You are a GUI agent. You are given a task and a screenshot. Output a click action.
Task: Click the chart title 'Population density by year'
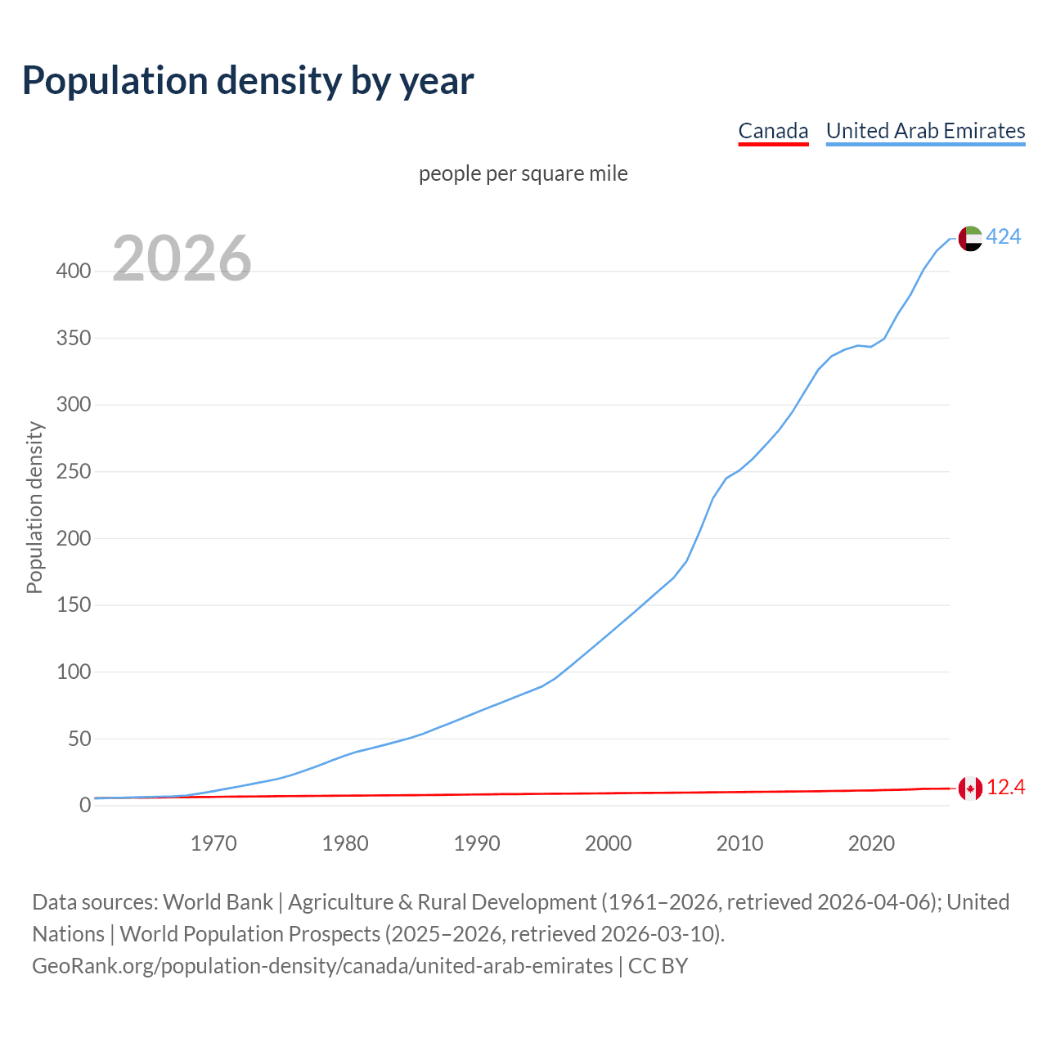[248, 81]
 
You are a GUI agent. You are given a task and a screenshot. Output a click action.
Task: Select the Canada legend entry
[773, 131]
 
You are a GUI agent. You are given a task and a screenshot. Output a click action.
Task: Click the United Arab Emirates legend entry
[925, 131]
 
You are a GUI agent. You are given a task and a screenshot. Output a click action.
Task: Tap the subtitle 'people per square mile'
[523, 174]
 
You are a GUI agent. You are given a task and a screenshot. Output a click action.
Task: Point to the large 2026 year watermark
[182, 259]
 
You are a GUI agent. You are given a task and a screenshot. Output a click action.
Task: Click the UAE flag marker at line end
[970, 238]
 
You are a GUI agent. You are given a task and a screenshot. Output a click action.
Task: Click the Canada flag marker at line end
[970, 789]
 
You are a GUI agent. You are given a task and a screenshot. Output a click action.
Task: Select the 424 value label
[1004, 237]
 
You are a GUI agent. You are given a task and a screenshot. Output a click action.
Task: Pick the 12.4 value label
[1006, 788]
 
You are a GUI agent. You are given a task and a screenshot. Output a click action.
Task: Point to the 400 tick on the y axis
[73, 272]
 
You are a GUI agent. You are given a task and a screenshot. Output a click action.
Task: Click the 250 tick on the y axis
[73, 472]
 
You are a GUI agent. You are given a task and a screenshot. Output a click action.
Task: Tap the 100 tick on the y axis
[73, 672]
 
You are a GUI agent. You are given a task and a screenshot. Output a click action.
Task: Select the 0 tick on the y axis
[85, 806]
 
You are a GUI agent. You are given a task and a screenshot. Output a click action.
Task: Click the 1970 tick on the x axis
[213, 843]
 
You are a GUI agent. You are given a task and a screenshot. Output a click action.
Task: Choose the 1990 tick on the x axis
[477, 843]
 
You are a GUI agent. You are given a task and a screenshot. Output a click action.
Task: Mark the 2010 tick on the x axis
[739, 843]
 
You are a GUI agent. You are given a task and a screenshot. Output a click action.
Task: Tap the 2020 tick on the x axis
[871, 843]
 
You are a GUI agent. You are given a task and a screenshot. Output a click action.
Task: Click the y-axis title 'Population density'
[34, 507]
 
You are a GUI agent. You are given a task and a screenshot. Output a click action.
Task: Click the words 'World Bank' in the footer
[218, 902]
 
